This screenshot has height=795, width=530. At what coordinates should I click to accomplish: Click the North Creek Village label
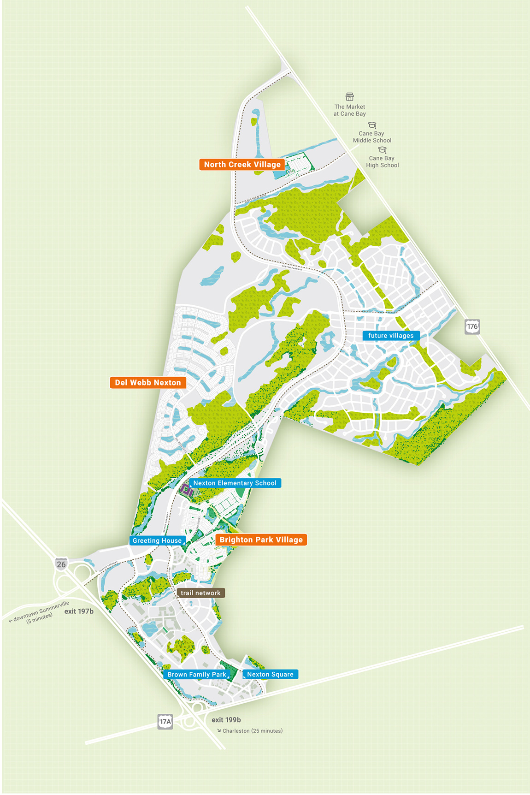point(242,165)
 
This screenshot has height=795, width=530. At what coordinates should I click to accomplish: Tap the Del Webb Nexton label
point(148,383)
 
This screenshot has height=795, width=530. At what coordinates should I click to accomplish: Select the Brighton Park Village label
point(261,540)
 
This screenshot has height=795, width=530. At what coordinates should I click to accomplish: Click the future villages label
point(391,336)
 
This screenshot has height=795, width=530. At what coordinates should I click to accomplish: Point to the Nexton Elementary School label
point(235,483)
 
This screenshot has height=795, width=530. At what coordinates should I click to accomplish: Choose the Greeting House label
point(157,541)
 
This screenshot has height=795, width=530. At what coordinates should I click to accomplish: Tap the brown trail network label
point(200,593)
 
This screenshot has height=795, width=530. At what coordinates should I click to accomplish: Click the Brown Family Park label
point(197,675)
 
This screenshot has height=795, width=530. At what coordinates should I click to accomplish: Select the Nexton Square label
point(270,675)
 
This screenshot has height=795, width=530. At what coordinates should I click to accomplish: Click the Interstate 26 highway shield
point(61,564)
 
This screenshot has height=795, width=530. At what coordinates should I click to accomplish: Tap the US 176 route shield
point(472,326)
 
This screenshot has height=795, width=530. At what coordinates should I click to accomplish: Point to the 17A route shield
point(165,722)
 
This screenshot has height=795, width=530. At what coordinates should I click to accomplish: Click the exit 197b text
point(79,611)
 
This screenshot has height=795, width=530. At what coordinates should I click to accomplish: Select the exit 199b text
point(226,720)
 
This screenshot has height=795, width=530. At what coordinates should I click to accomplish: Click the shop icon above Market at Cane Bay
point(350,97)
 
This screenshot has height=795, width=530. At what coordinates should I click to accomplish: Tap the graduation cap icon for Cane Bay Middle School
point(372,125)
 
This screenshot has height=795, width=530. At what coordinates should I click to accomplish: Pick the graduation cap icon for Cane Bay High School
point(383,150)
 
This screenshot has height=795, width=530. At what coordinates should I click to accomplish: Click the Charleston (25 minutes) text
point(252,731)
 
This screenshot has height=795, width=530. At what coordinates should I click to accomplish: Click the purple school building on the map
point(187,491)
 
